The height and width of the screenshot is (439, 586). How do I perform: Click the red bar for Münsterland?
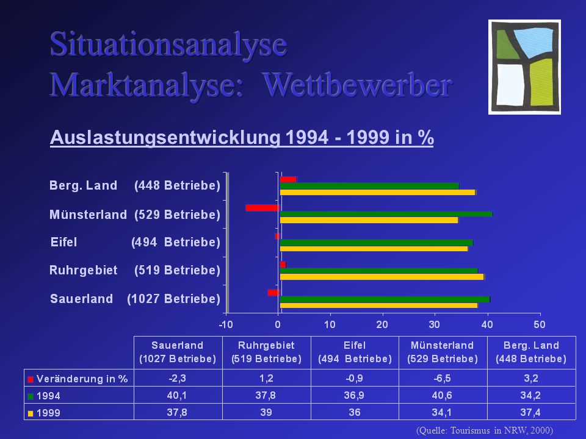tap(262, 208)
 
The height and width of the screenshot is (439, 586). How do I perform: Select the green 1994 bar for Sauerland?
tap(385, 299)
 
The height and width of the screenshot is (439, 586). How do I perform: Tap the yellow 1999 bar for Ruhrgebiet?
tap(382, 277)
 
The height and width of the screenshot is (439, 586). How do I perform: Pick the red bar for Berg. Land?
tap(289, 179)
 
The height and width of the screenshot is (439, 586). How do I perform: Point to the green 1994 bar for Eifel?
tap(377, 243)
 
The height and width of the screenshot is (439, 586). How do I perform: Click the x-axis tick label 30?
tap(434, 324)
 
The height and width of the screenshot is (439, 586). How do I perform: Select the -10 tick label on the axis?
tap(226, 324)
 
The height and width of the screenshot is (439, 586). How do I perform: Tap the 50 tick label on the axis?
tap(539, 324)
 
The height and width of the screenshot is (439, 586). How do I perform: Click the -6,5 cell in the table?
tap(443, 378)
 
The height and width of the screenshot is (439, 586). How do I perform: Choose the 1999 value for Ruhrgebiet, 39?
tap(266, 412)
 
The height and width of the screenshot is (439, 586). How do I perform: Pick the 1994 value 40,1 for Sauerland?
tap(177, 395)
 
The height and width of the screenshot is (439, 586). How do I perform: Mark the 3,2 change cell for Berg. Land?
tap(531, 378)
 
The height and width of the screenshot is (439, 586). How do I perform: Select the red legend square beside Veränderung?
tap(31, 380)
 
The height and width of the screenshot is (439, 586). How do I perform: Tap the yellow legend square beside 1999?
tap(31, 413)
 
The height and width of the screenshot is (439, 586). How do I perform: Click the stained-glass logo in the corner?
tap(524, 67)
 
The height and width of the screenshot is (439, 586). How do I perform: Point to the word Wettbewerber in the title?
tap(357, 85)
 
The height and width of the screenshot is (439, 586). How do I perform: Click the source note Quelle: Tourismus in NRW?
tap(484, 430)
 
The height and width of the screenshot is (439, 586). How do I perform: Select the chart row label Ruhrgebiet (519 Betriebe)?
tap(135, 270)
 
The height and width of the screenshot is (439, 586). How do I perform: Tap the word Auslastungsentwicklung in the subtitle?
tap(165, 137)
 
